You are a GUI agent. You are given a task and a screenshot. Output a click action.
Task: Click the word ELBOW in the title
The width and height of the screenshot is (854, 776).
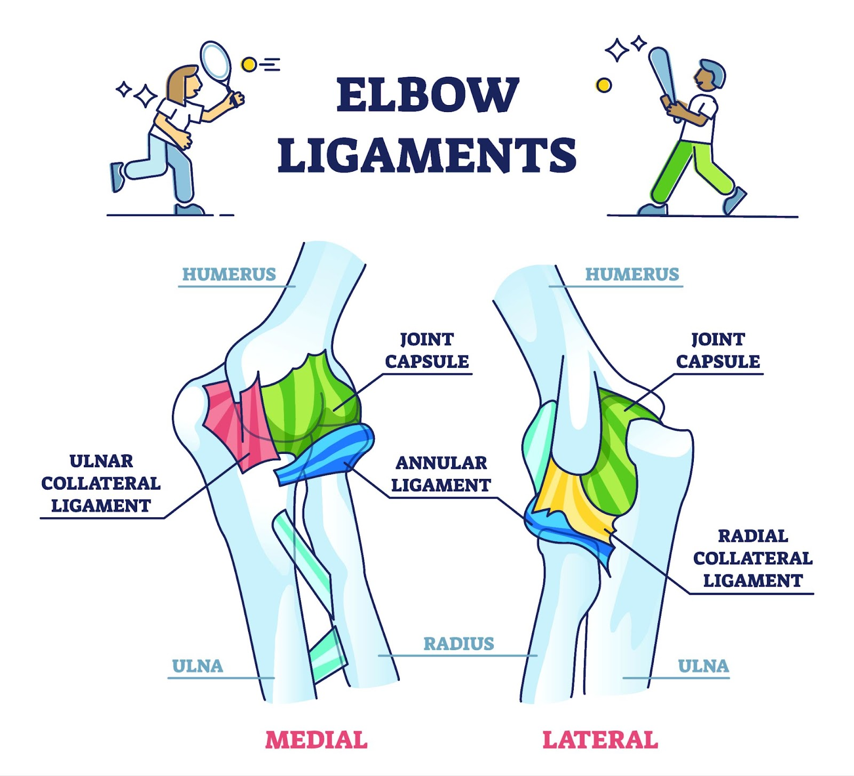pyautogui.click(x=427, y=95)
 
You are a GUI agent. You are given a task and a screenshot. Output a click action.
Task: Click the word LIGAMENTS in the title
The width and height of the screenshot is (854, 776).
pyautogui.click(x=427, y=155)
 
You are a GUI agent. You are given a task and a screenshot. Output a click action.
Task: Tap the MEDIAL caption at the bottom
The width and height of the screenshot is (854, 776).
pyautogui.click(x=317, y=740)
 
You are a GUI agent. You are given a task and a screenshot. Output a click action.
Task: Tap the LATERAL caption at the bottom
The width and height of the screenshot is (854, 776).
pyautogui.click(x=600, y=740)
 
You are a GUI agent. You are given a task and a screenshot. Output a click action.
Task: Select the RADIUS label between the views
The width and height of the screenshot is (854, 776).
pyautogui.click(x=458, y=644)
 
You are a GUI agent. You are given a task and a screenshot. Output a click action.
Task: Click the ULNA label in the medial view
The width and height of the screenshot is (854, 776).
pyautogui.click(x=197, y=666)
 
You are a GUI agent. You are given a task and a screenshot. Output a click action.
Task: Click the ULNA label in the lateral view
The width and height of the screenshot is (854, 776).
pyautogui.click(x=703, y=666)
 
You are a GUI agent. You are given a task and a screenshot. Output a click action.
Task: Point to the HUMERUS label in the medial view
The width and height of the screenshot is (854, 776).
pyautogui.click(x=229, y=274)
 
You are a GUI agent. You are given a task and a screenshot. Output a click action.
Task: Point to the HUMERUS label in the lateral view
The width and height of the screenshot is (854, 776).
pyautogui.click(x=632, y=274)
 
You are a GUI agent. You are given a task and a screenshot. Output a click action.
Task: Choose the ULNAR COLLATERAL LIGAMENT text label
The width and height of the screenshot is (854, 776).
pyautogui.click(x=101, y=483)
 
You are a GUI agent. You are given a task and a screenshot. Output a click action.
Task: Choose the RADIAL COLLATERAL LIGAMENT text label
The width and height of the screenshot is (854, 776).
pyautogui.click(x=753, y=558)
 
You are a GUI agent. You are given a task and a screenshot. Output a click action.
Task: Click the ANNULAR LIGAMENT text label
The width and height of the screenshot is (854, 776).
pyautogui.click(x=441, y=474)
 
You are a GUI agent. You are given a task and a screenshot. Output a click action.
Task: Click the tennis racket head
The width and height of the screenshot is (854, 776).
pyautogui.click(x=216, y=60)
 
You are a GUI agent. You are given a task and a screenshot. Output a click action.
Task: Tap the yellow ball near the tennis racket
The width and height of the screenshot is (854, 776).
pyautogui.click(x=248, y=65)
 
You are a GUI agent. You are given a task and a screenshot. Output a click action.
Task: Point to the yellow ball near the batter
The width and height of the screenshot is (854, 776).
pyautogui.click(x=604, y=85)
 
